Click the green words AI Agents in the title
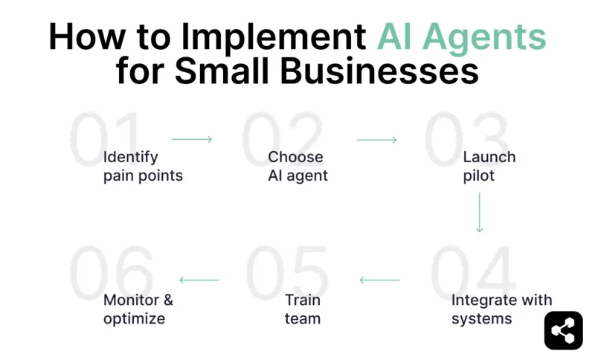[461, 37]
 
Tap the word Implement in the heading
[284, 37]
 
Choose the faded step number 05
[286, 271]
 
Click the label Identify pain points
[143, 167]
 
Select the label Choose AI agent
[297, 167]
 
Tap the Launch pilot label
[489, 167]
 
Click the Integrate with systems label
[501, 309]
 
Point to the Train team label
[303, 309]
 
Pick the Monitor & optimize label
[138, 309]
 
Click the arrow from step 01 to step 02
[192, 139]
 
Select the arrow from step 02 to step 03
[376, 139]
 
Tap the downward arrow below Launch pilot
[479, 213]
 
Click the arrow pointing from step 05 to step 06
[199, 280]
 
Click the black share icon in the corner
[563, 330]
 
